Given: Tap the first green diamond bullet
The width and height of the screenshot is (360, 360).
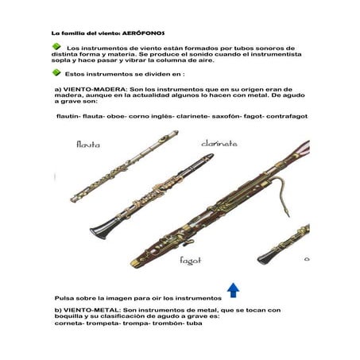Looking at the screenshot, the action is point(56,48).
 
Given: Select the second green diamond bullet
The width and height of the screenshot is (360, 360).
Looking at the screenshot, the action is point(56,72).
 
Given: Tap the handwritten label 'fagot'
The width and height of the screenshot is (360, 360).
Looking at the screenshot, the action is point(191,260).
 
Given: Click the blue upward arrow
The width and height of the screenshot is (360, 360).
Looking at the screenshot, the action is point(233,288).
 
